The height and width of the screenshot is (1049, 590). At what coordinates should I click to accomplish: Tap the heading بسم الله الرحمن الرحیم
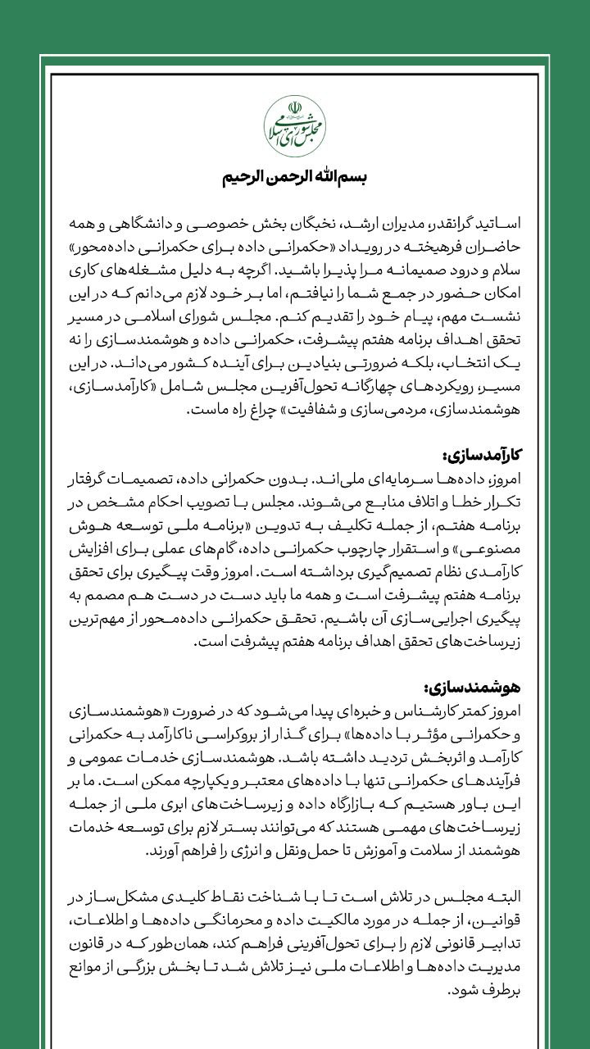295,178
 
